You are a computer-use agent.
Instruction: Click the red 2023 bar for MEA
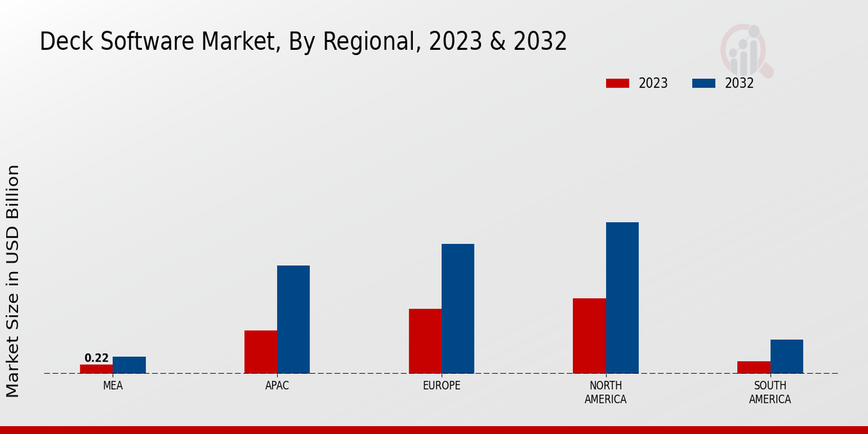click(96, 369)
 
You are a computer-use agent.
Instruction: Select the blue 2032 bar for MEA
click(129, 365)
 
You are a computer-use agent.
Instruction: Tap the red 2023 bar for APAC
click(260, 352)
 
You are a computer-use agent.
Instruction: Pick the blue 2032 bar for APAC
click(293, 319)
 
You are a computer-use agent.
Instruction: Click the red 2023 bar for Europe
click(425, 341)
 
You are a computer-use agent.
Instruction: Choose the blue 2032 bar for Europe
click(458, 308)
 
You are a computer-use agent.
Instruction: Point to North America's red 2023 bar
click(589, 336)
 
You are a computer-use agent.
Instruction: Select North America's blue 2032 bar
click(622, 297)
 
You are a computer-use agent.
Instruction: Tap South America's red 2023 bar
click(753, 367)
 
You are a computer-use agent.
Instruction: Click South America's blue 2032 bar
click(786, 356)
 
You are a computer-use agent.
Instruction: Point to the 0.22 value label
click(96, 358)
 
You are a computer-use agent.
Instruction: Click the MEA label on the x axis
click(113, 386)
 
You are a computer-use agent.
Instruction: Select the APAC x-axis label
click(277, 386)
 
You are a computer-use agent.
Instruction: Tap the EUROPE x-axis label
click(441, 386)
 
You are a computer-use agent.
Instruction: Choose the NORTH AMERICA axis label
click(605, 393)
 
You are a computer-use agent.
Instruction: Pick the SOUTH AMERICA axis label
click(770, 393)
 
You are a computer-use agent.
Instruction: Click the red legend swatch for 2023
click(617, 83)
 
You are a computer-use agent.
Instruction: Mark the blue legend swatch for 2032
click(703, 83)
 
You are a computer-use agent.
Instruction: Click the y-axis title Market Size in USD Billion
click(13, 281)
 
